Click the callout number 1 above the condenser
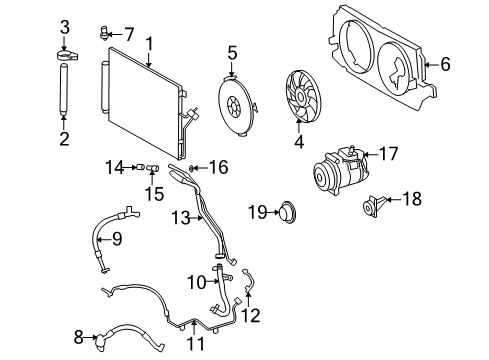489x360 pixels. coord(148,43)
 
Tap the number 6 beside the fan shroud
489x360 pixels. coord(445,64)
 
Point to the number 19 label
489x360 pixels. coord(255,211)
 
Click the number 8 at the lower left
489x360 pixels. coord(79,337)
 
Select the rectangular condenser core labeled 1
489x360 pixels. coord(142,100)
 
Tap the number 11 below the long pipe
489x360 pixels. coord(195,345)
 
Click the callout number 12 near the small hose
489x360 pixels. coord(251,316)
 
